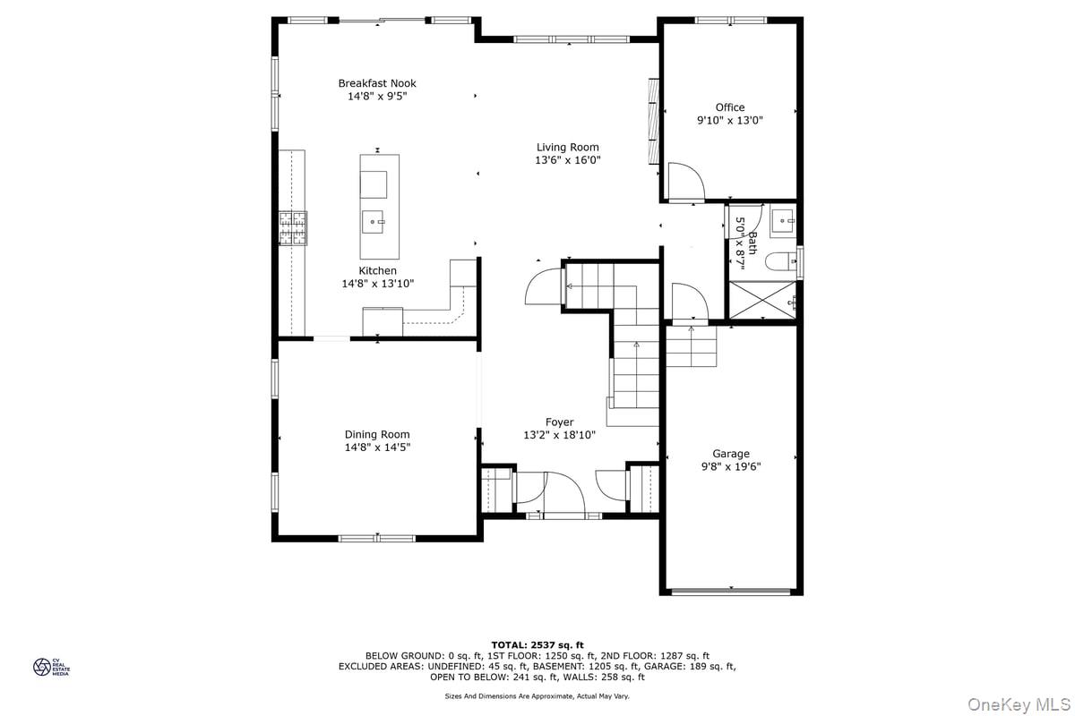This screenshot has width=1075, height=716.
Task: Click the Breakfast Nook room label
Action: [x=377, y=83]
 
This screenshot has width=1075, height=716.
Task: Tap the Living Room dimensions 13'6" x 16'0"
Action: [x=568, y=160]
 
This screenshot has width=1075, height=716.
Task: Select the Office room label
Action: [x=730, y=107]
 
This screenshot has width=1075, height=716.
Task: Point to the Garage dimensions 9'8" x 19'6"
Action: [x=731, y=466]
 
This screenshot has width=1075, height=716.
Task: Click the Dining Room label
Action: [x=377, y=434]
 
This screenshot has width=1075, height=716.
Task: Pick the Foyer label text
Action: [x=560, y=422]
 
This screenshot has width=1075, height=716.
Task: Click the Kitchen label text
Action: [x=378, y=270]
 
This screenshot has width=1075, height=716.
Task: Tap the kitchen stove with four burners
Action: [x=293, y=228]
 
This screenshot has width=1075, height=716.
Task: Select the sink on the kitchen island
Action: [x=373, y=222]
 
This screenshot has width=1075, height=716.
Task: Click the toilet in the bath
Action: [x=780, y=262]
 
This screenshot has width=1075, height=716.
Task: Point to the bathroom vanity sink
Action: [x=783, y=221]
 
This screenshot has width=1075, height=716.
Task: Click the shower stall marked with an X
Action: [x=762, y=300]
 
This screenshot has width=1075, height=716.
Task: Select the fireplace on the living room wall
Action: [x=654, y=122]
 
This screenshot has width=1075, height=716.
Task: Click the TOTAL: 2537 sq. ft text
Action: [x=537, y=645]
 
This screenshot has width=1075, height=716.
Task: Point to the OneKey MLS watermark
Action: [x=1019, y=704]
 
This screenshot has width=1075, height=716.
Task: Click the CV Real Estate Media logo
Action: [x=51, y=667]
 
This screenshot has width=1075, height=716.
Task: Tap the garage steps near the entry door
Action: [x=691, y=346]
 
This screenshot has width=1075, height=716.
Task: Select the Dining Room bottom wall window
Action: [x=377, y=539]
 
